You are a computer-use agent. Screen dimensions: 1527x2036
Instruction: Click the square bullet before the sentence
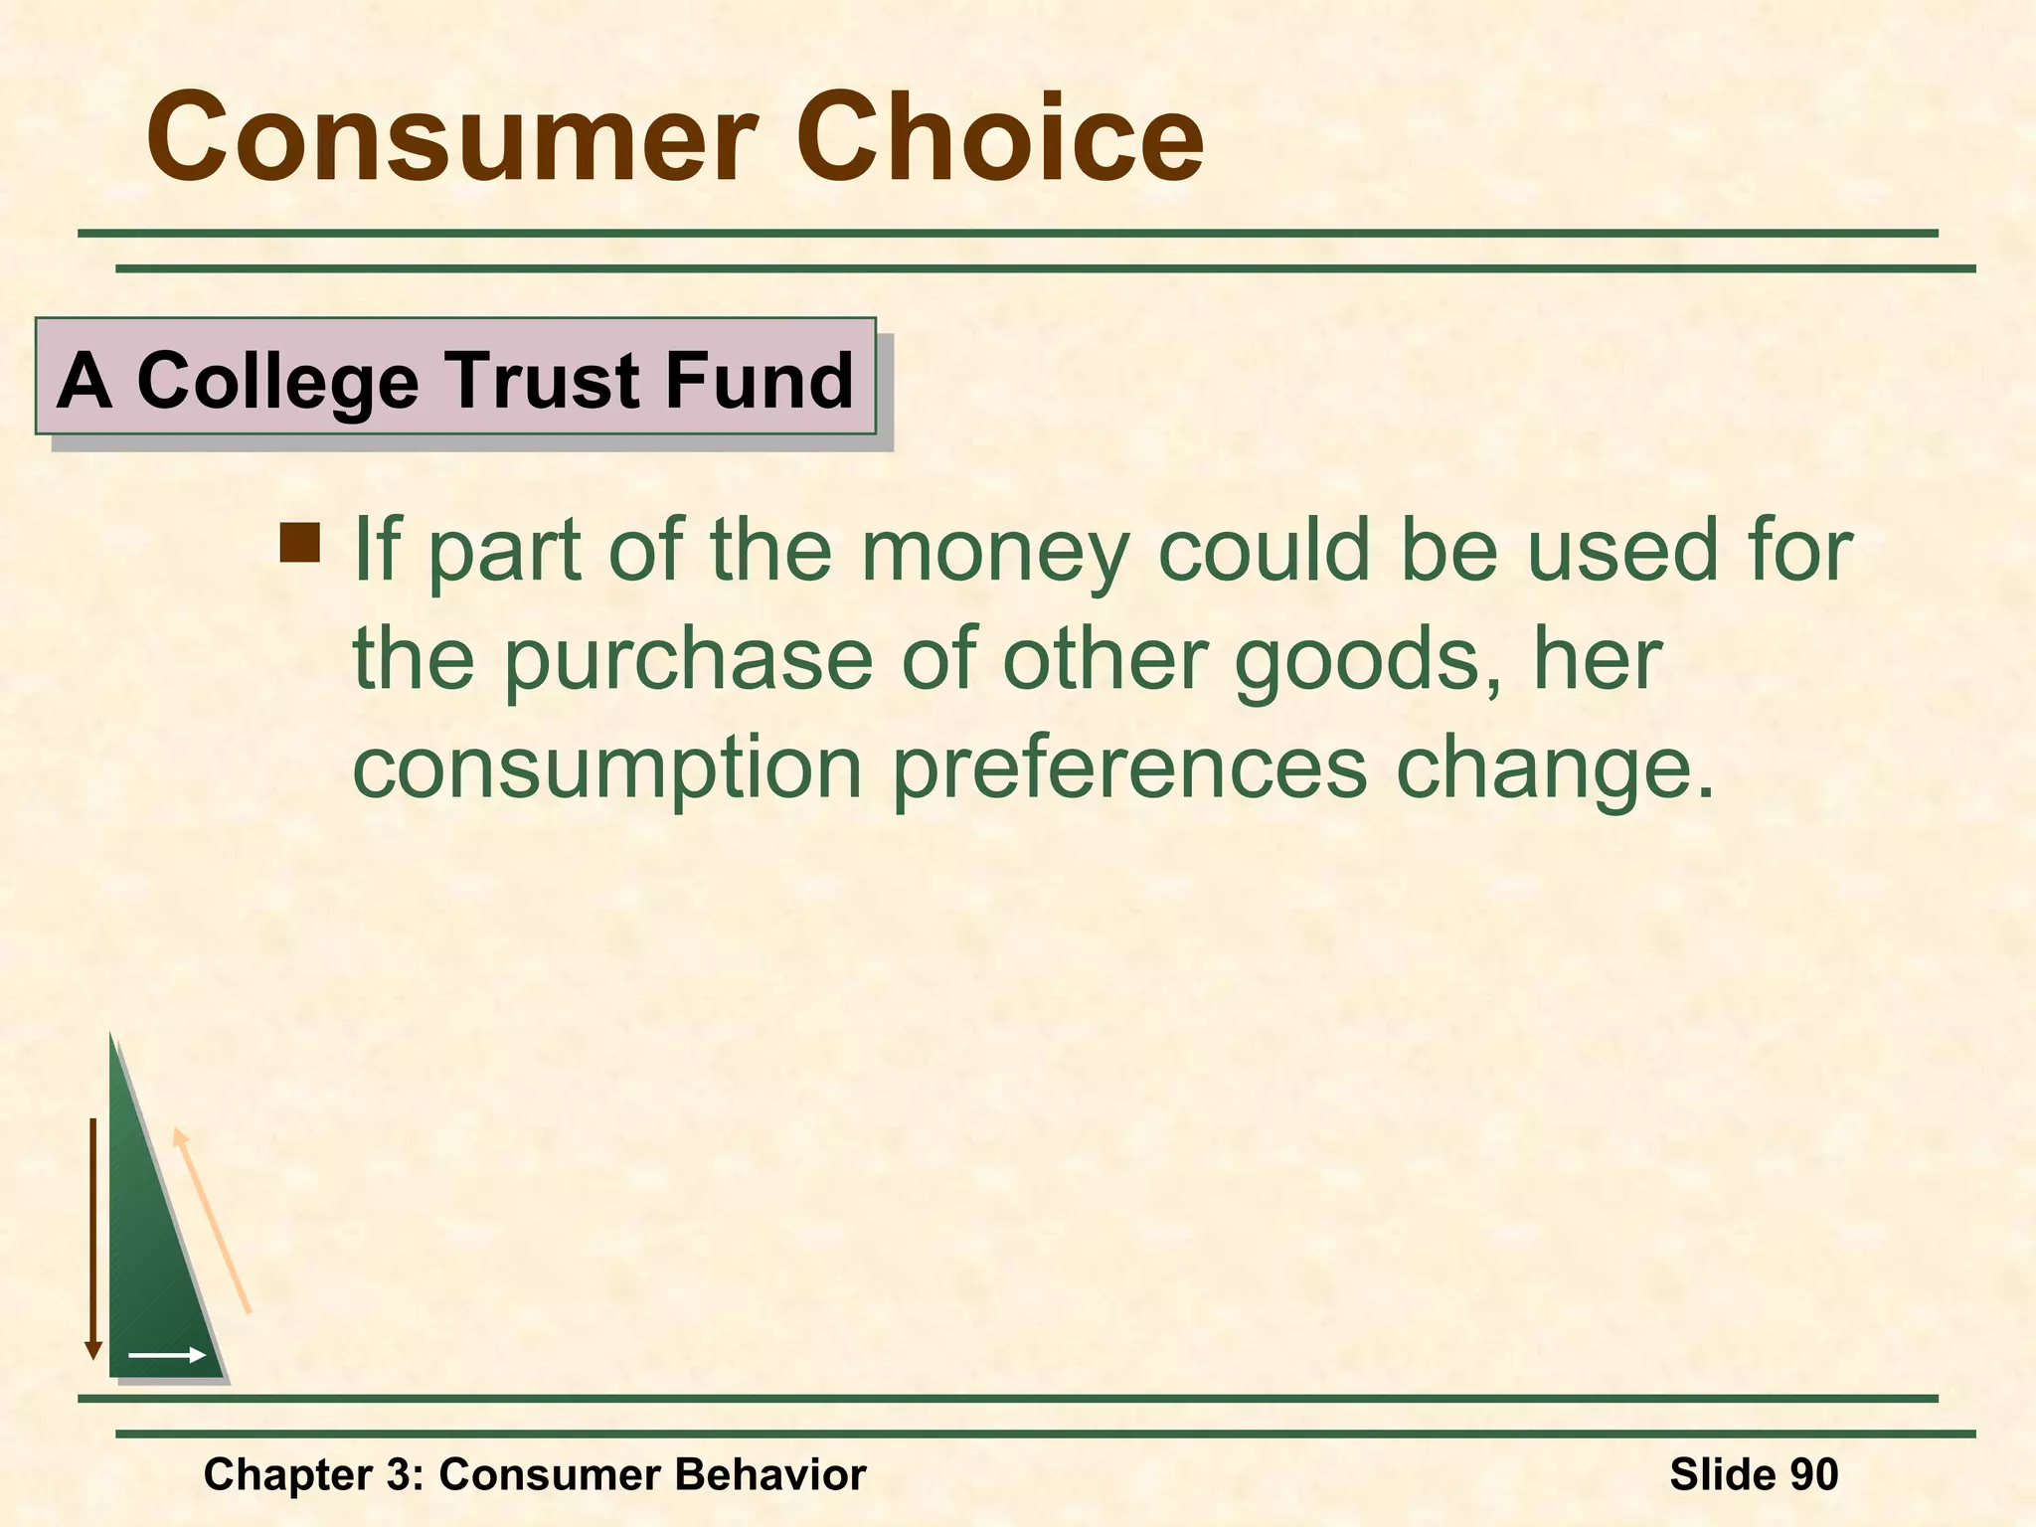click(x=300, y=543)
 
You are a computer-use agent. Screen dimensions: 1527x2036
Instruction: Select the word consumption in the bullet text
click(x=607, y=769)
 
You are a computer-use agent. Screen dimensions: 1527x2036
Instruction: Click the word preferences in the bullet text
click(x=1129, y=769)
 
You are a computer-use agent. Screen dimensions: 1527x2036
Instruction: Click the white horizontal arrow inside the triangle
click(x=167, y=1355)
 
